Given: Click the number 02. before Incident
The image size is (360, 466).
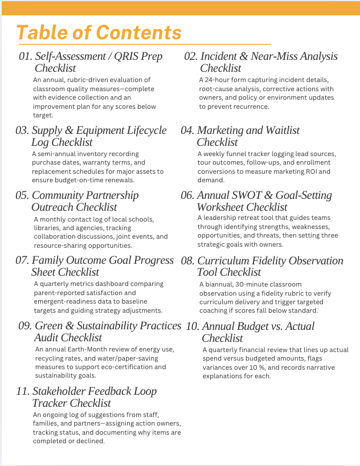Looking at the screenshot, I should [191, 56].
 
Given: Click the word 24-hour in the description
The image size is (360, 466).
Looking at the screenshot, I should [220, 80].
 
